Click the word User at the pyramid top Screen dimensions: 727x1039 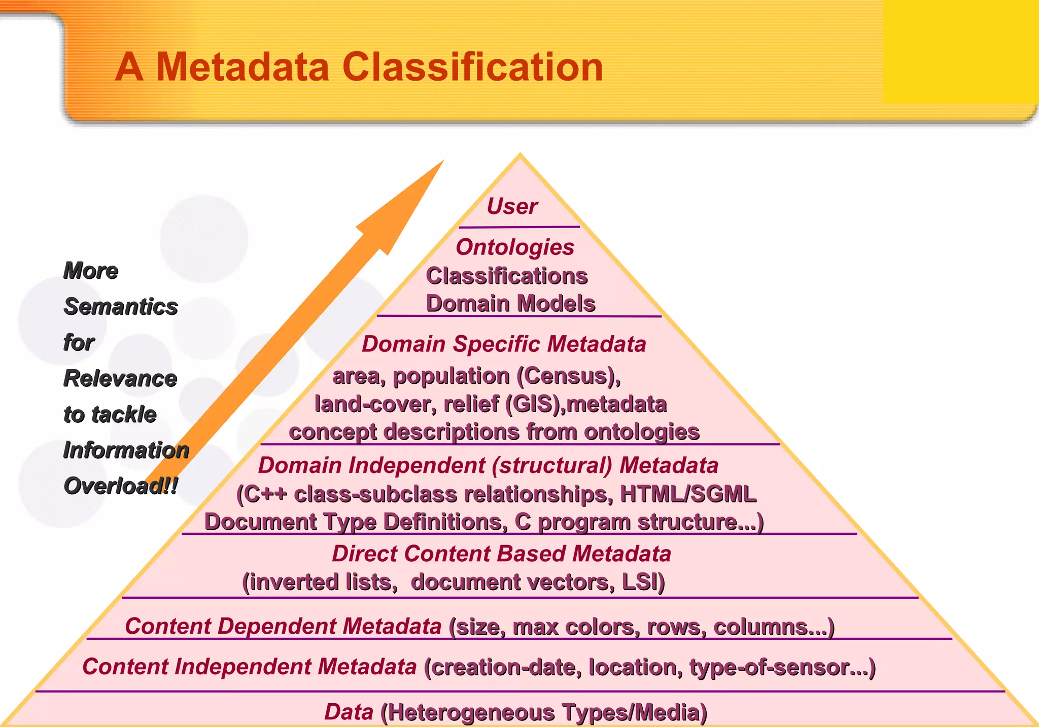point(512,206)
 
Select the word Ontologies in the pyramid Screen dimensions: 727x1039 point(515,247)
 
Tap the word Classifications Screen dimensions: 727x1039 point(506,276)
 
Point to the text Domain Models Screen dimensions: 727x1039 point(510,304)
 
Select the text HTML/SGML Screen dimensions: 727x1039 point(688,494)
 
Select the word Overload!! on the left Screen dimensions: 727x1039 point(121,486)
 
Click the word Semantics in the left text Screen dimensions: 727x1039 point(121,307)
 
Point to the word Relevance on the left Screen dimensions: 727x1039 point(120,379)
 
